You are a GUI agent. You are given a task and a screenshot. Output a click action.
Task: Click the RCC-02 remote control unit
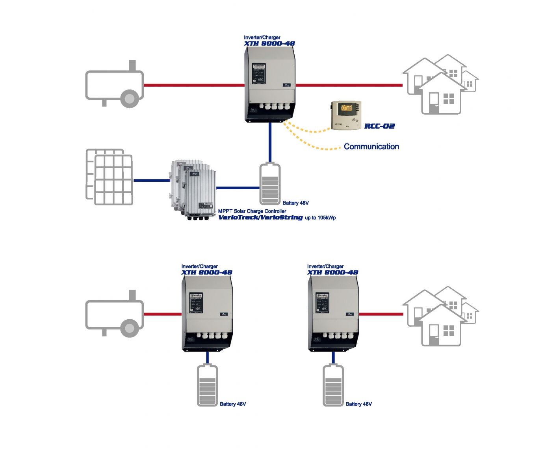tap(346, 115)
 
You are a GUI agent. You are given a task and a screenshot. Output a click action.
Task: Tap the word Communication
tap(371, 147)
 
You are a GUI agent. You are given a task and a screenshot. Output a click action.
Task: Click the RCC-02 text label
tap(379, 126)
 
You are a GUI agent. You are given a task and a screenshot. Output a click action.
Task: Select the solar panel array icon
tap(110, 177)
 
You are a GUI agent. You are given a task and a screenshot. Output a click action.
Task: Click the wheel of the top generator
tap(129, 97)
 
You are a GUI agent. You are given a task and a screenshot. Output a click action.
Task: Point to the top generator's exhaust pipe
tap(132, 65)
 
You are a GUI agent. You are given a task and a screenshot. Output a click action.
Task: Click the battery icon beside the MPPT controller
tap(270, 184)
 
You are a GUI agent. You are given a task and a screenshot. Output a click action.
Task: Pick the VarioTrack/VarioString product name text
tap(260, 218)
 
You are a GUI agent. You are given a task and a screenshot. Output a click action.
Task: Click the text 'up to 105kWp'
tap(320, 218)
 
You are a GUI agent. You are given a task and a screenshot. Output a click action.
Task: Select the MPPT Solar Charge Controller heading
tap(252, 211)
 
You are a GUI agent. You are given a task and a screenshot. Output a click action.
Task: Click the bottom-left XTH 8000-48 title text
tap(207, 272)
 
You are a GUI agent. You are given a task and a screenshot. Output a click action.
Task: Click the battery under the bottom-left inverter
tap(207, 385)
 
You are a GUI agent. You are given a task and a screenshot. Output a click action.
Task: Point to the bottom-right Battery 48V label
tap(358, 404)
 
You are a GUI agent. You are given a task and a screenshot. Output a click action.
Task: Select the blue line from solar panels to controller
tap(152, 181)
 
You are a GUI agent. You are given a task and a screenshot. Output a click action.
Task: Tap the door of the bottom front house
tap(434, 335)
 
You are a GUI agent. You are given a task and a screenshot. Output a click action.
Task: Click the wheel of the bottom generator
tap(129, 327)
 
